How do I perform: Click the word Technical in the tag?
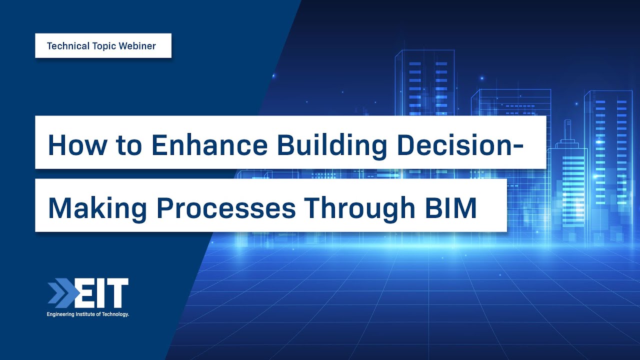pos(67,46)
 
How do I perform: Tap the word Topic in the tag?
pos(103,46)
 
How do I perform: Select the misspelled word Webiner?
pos(137,46)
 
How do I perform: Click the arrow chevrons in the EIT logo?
pos(60,293)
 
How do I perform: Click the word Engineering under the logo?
pos(59,314)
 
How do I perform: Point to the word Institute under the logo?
pos(84,314)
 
